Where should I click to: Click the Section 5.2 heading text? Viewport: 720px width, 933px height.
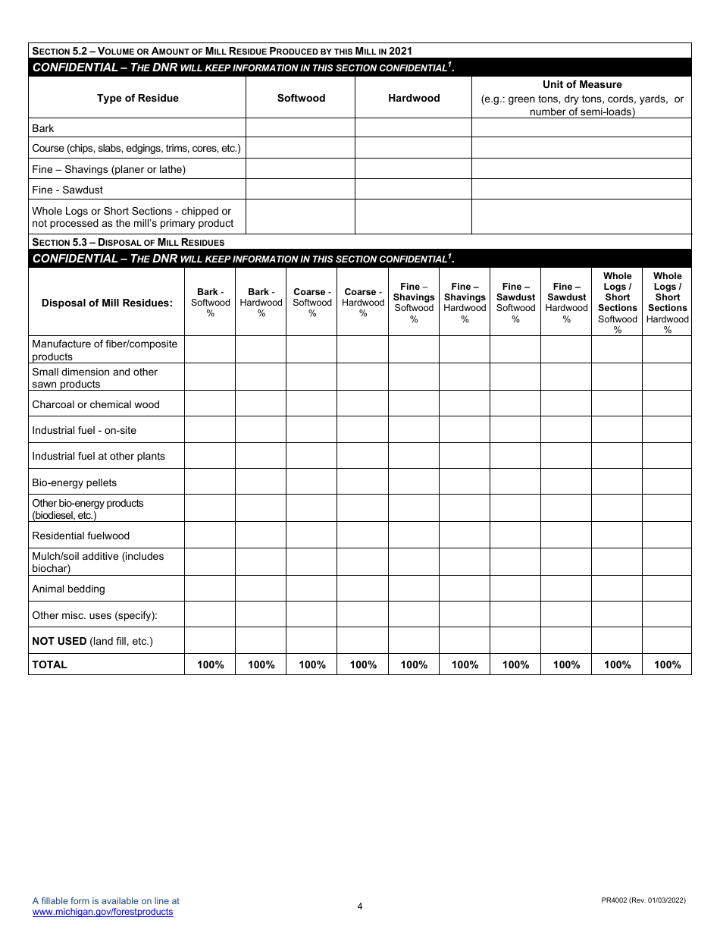point(221,51)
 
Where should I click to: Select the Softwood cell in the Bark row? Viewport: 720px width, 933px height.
point(300,128)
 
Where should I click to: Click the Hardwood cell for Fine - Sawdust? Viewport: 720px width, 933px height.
point(413,190)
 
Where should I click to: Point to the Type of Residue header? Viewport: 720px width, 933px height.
point(137,98)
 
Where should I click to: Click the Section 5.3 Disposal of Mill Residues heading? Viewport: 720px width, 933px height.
point(128,242)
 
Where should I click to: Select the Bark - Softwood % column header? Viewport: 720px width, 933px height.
point(210,303)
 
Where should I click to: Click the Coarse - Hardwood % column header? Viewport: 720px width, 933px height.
point(363,303)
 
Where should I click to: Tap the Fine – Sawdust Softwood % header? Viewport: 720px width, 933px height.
point(515,303)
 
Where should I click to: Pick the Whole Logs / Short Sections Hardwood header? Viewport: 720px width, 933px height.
point(667,303)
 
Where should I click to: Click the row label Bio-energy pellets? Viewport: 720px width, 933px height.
point(74,482)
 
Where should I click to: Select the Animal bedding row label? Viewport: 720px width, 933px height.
point(68,589)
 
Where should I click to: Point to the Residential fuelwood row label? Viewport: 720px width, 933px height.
point(80,536)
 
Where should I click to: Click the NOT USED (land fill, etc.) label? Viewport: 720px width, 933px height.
point(92,641)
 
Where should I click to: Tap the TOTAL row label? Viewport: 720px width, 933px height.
point(49,664)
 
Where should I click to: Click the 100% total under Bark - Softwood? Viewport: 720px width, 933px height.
point(210,664)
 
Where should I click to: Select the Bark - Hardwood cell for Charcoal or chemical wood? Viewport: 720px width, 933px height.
point(261,404)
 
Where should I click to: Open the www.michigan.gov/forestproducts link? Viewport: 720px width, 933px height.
point(102,912)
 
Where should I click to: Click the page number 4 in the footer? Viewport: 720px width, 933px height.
point(360,906)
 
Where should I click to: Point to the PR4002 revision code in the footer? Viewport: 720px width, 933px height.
point(643,900)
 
